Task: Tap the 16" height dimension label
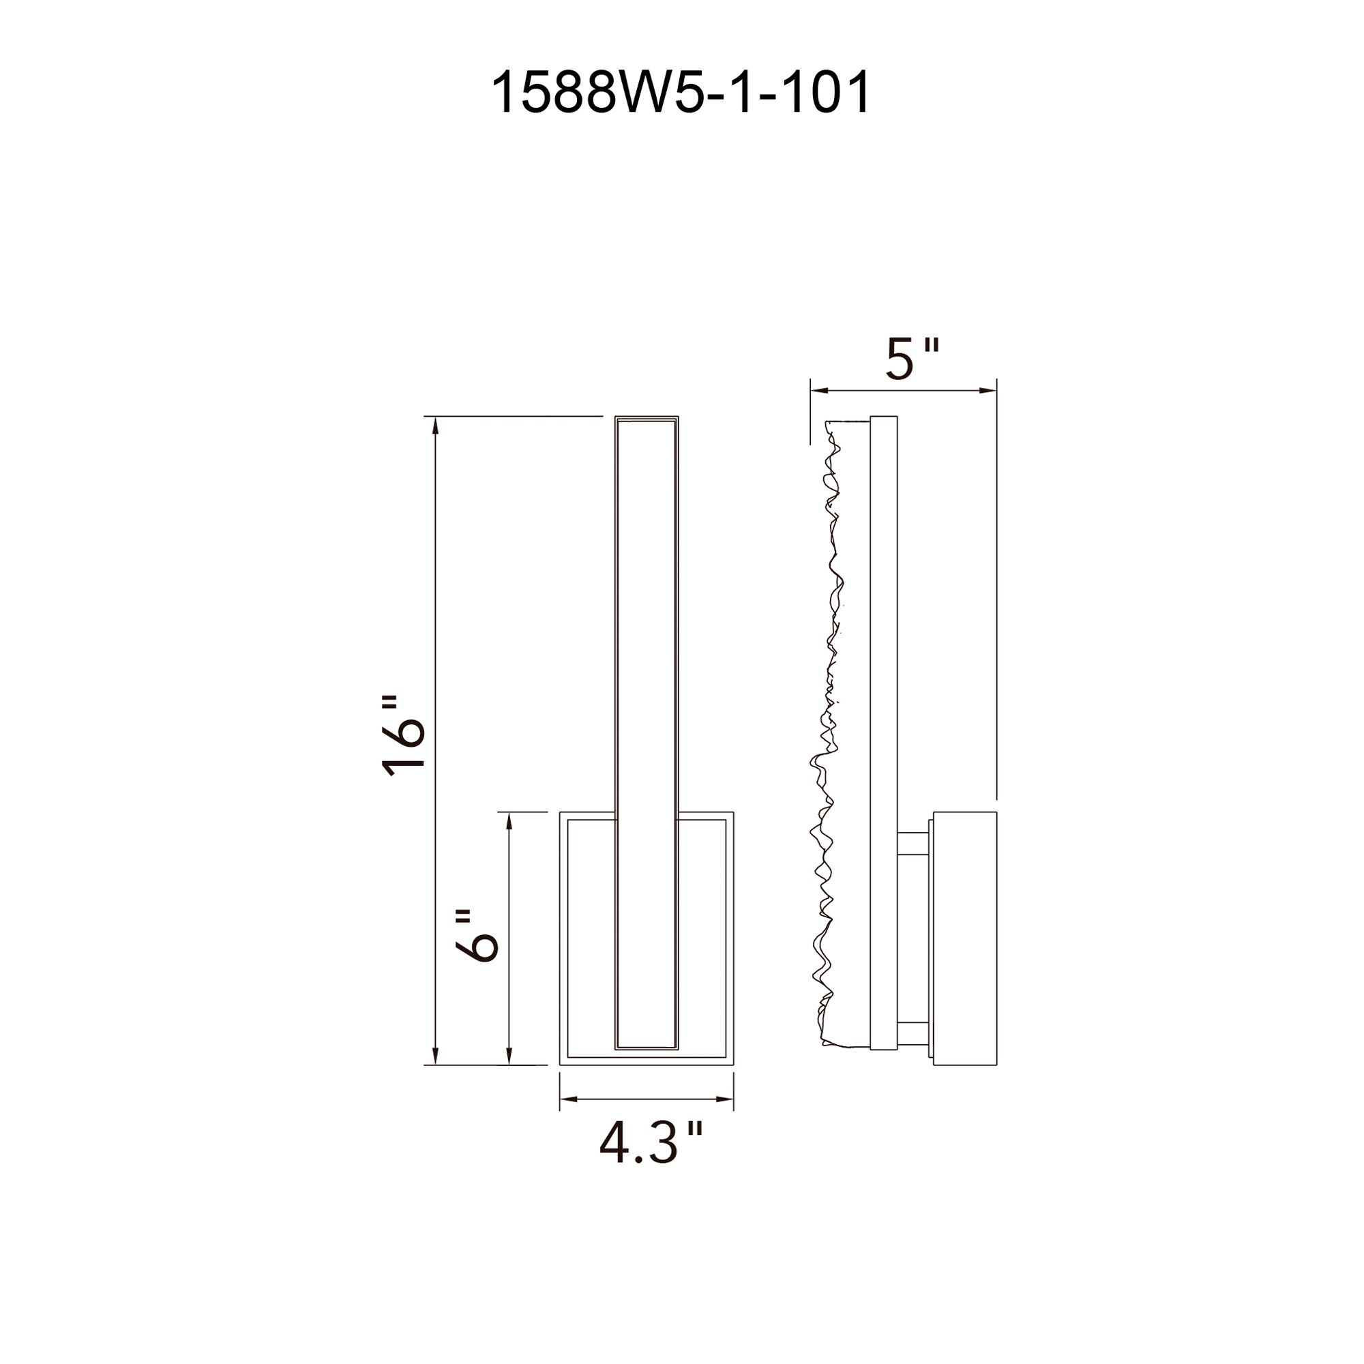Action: click(404, 737)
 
